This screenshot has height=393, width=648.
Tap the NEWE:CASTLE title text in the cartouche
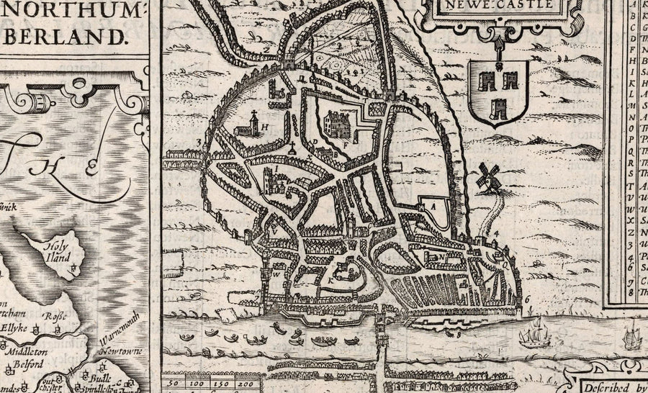[510, 4]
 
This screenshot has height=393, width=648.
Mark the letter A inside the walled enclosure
[433, 205]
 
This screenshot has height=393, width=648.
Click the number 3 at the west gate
[197, 142]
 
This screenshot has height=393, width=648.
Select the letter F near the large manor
[346, 145]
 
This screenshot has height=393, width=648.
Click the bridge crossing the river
[379, 338]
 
